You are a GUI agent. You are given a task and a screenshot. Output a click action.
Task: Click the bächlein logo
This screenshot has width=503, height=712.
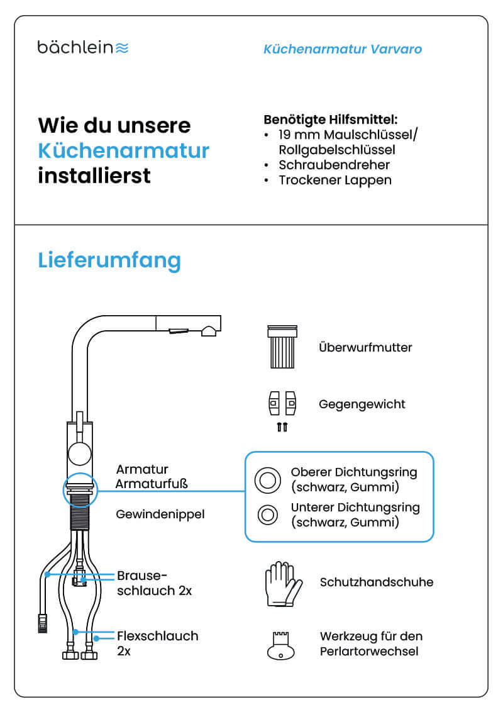click(82, 47)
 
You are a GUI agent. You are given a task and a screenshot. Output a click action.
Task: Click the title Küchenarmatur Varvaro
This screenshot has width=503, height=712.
click(343, 49)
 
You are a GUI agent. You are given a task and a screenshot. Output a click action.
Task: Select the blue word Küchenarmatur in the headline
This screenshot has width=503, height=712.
click(123, 151)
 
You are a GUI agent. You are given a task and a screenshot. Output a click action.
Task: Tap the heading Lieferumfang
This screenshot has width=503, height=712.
click(109, 260)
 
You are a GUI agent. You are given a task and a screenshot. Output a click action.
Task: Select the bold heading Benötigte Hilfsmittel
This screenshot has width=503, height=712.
click(331, 119)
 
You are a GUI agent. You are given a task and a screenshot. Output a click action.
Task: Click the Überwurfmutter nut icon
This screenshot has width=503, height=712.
click(282, 347)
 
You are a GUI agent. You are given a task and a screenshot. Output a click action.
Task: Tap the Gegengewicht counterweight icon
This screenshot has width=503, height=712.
click(282, 404)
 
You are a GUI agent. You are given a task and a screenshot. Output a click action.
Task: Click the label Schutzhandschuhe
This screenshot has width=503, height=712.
click(376, 582)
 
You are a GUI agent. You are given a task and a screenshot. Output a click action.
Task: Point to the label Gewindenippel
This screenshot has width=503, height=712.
click(160, 515)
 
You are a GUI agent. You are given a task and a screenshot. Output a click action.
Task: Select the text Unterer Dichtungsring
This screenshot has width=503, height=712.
click(355, 507)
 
